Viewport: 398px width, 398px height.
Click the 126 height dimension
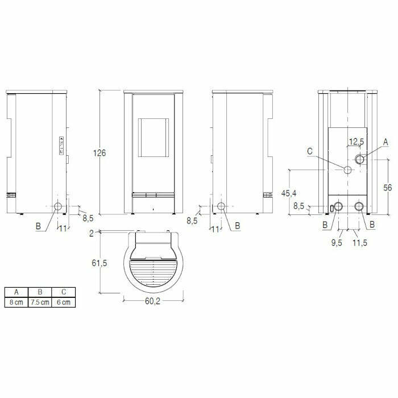coord(100,152)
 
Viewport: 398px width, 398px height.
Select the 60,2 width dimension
coord(151,302)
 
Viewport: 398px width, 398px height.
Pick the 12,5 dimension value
coord(356,141)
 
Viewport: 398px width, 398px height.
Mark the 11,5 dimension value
coord(360,243)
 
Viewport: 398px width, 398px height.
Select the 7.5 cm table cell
coord(40,302)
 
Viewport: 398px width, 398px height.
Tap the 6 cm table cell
coord(63,302)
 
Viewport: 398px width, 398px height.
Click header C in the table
coord(63,292)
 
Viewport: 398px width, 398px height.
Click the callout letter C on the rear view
coord(310,151)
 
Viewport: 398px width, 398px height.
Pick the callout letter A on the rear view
coord(385,140)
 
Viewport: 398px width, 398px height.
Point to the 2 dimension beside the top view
coord(91,233)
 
